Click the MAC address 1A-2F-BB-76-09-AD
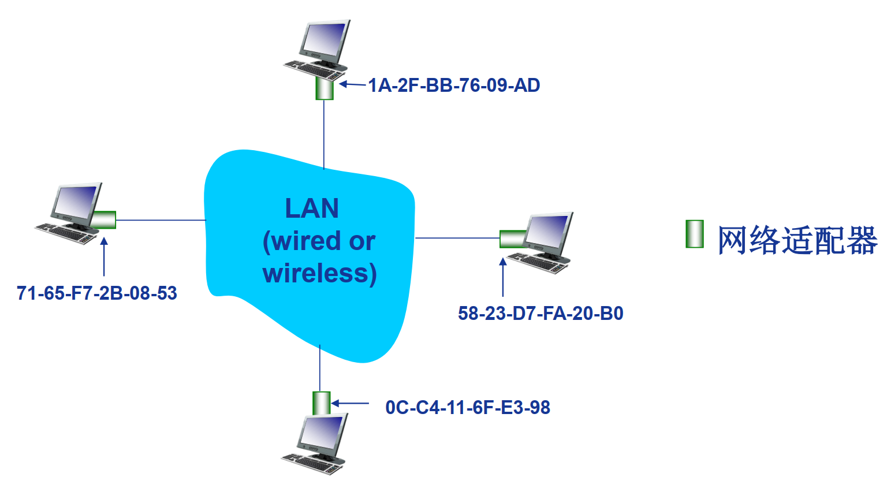(454, 85)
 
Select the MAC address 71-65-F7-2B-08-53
(97, 293)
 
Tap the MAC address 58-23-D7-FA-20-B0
(541, 314)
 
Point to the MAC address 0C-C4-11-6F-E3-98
(468, 408)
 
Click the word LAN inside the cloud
(312, 208)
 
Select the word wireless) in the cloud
(319, 273)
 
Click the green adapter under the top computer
(325, 89)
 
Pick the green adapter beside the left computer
(104, 220)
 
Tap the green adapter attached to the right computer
(512, 238)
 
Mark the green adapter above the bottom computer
(321, 403)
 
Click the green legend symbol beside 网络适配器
(695, 234)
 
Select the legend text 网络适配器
(797, 240)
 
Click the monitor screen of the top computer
(324, 40)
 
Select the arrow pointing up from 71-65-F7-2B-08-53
(104, 257)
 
